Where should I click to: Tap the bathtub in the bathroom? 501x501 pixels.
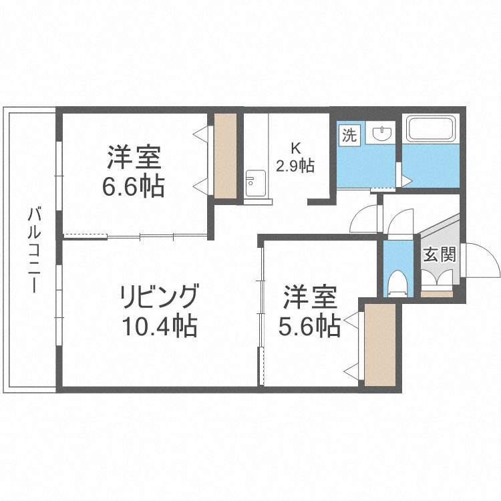pos(430,129)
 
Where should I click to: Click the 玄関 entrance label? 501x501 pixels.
pos(439,254)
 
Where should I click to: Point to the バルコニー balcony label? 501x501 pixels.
pos(32,251)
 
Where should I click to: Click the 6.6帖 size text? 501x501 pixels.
pos(133,187)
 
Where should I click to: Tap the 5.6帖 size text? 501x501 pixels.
pos(308,326)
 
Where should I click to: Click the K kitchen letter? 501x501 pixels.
pos(295,148)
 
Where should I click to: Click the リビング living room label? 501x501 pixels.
pos(159,295)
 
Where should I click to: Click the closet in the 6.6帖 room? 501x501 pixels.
pos(225,156)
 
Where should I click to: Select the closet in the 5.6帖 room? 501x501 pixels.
pos(379,345)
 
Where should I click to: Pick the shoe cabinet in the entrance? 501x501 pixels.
pos(437,293)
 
